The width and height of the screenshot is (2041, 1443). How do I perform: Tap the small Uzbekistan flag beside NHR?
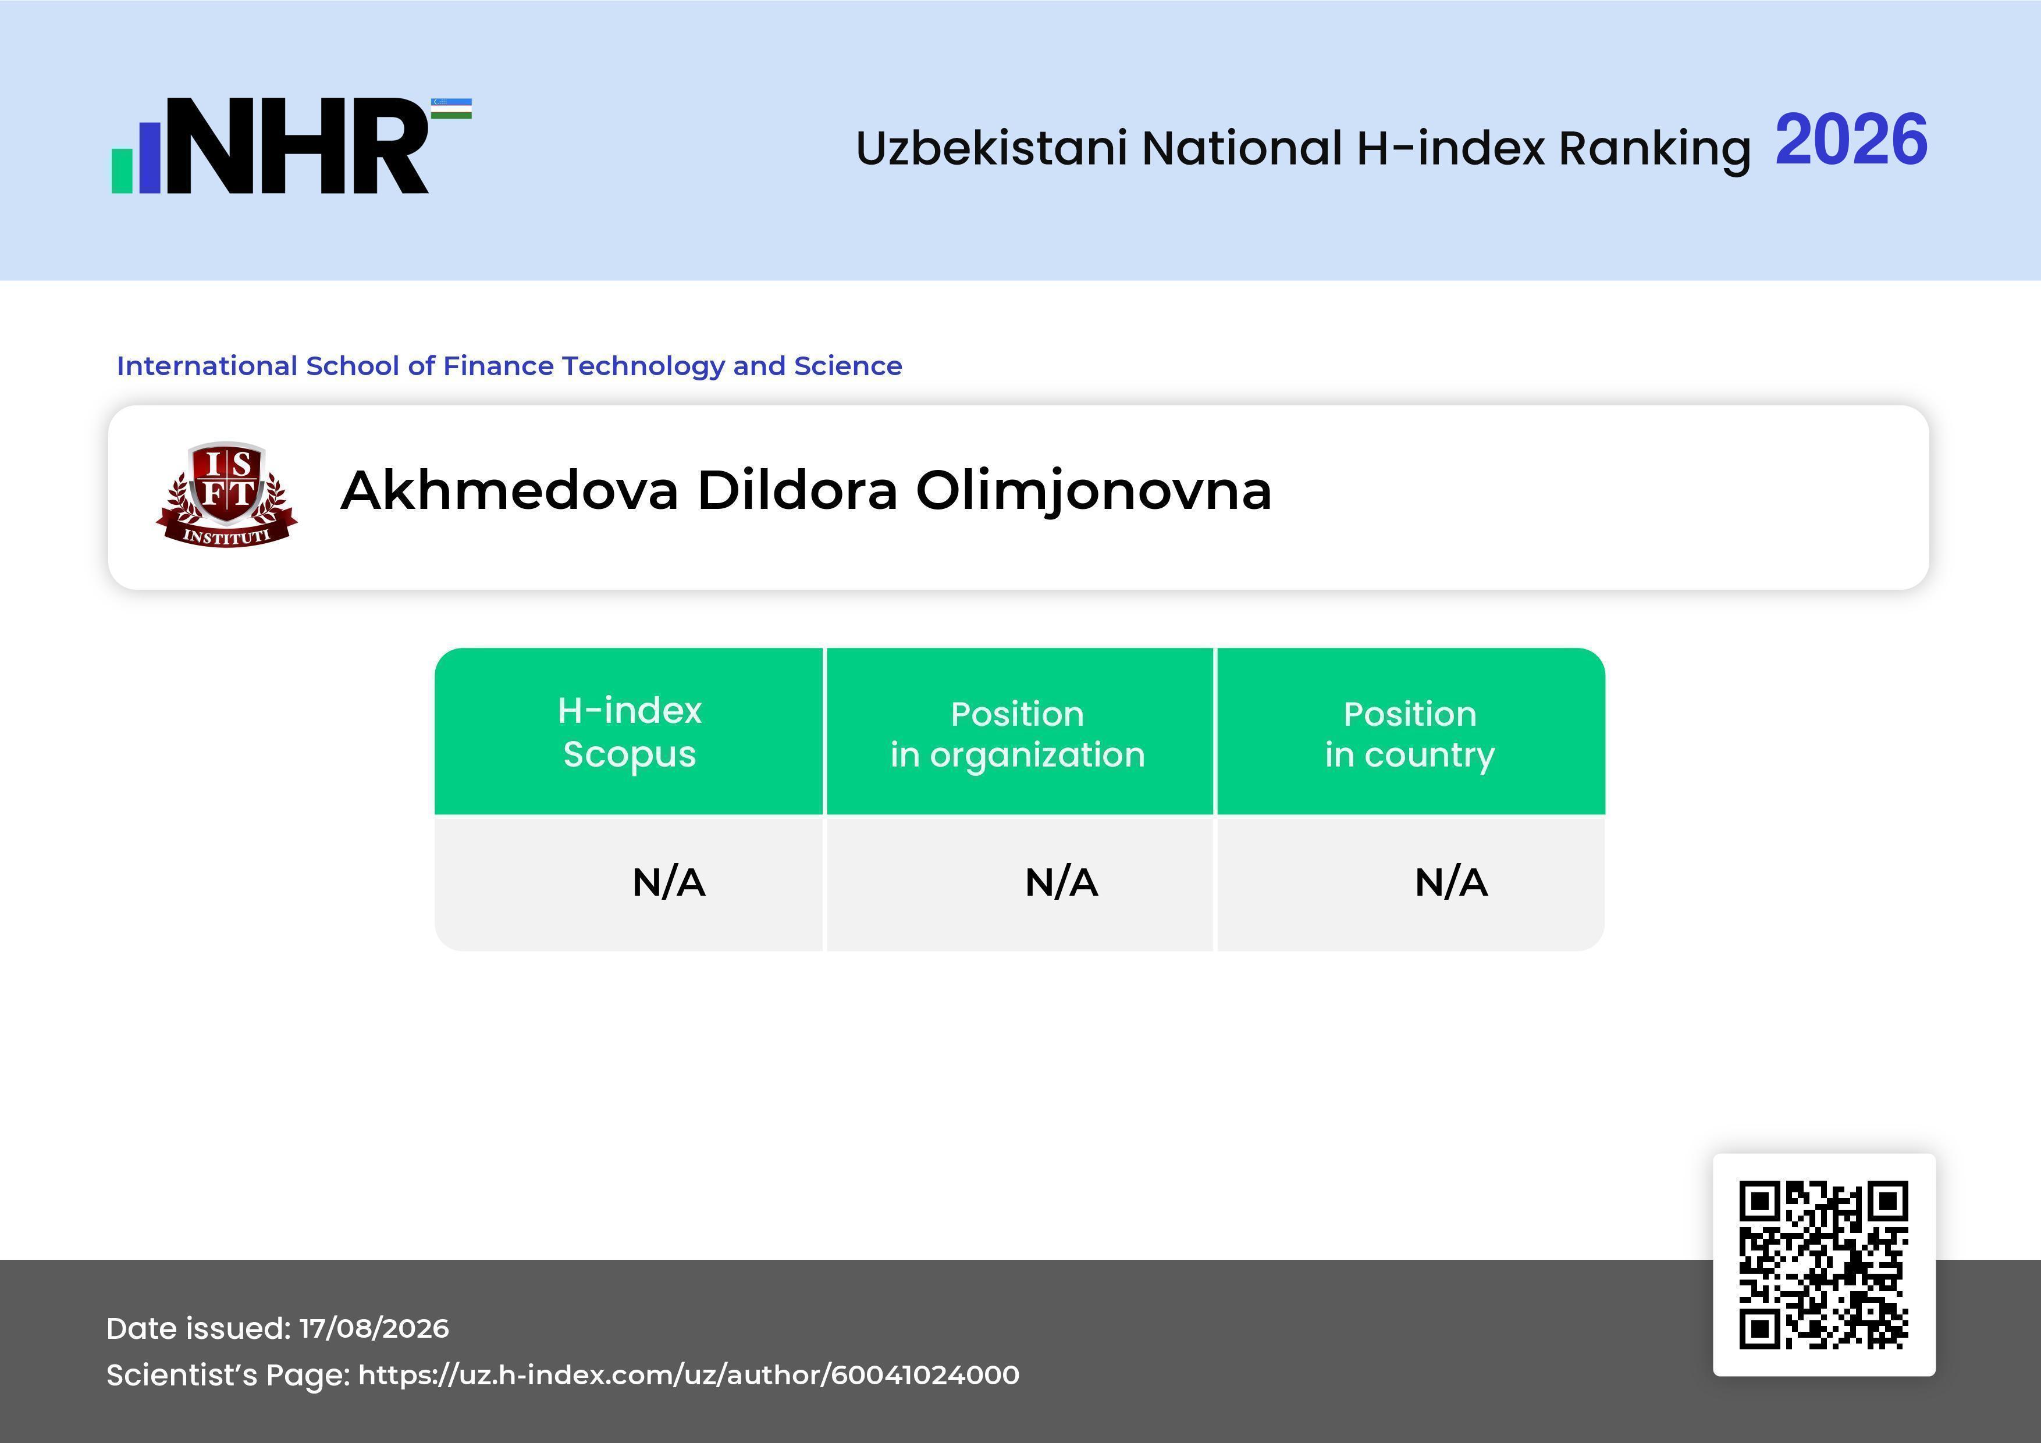coord(451,108)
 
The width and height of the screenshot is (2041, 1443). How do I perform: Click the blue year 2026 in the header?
coord(1851,140)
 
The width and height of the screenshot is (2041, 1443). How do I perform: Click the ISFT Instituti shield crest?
coord(227,494)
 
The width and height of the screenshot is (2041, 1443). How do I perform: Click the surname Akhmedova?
coord(509,490)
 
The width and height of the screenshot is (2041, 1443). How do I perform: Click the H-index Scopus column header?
coord(630,732)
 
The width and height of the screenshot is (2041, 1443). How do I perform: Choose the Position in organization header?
coord(1018,734)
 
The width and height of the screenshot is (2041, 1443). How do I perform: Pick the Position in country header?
coord(1410,734)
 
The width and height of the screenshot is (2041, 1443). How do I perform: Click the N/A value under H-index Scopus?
coord(669,882)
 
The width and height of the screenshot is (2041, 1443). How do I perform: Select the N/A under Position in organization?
coord(1061,882)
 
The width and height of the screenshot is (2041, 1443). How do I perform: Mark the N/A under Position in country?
coord(1450,882)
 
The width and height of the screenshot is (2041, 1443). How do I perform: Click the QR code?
coord(1824,1264)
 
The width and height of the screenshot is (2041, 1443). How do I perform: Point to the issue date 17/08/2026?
coord(374,1328)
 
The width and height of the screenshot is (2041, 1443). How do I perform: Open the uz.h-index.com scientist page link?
coord(689,1374)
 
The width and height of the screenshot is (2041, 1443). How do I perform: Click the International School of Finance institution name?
coord(509,366)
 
